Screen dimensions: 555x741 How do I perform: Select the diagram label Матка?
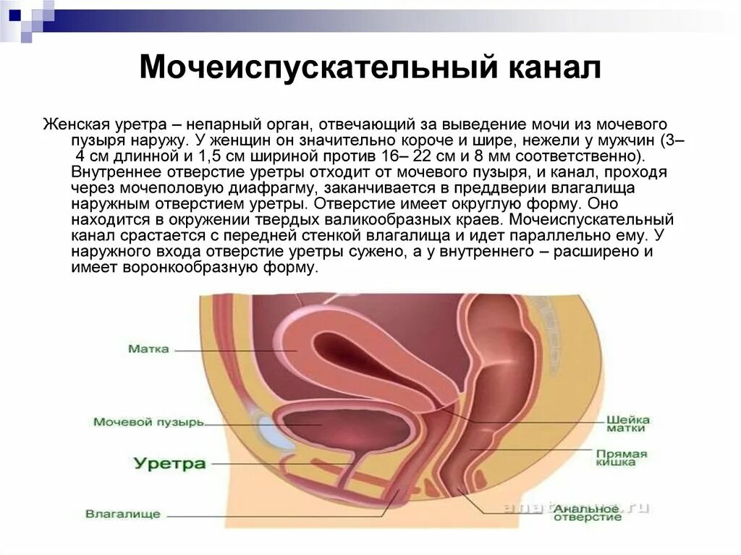point(148,349)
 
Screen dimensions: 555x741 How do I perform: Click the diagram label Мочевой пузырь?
point(148,422)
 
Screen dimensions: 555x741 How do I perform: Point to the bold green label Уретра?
point(169,463)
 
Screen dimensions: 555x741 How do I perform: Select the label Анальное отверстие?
point(588,512)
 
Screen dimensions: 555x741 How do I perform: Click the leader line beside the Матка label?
point(232,351)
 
